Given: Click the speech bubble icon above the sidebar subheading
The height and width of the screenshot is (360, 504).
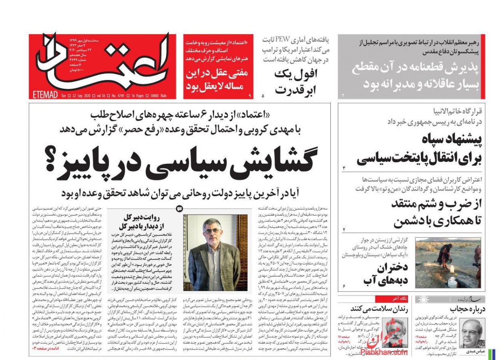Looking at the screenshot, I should click(180, 209).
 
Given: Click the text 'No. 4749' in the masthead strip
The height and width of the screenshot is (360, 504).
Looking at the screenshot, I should click(118, 96).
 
